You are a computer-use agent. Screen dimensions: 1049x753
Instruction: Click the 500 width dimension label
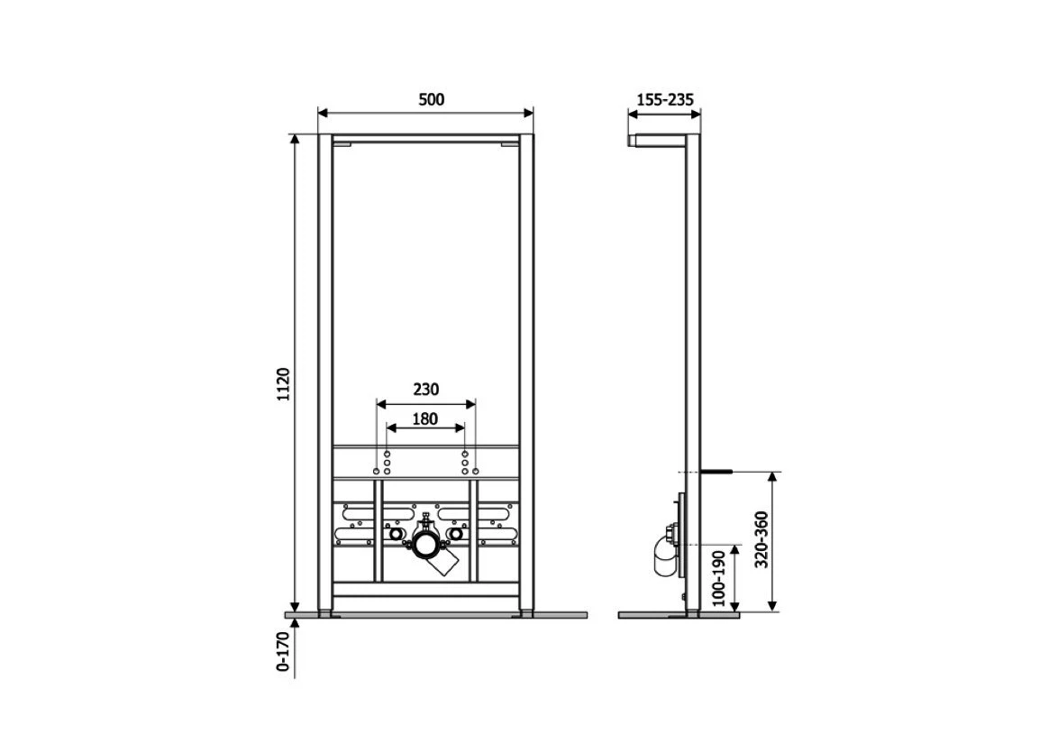pos(431,100)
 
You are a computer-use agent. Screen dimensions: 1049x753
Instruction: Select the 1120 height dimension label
pos(283,384)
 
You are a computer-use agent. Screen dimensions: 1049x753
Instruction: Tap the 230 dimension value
pos(425,389)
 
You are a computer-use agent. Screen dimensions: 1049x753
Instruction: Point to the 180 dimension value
pos(424,419)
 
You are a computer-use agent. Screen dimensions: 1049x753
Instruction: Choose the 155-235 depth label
pos(665,100)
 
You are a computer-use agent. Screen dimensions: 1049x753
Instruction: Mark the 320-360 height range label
pos(762,539)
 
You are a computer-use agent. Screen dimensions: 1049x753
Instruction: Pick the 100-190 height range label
pos(718,578)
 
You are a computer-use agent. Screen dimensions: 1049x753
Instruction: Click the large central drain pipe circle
pos(424,546)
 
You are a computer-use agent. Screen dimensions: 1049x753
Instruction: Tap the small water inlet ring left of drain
pos(396,534)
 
